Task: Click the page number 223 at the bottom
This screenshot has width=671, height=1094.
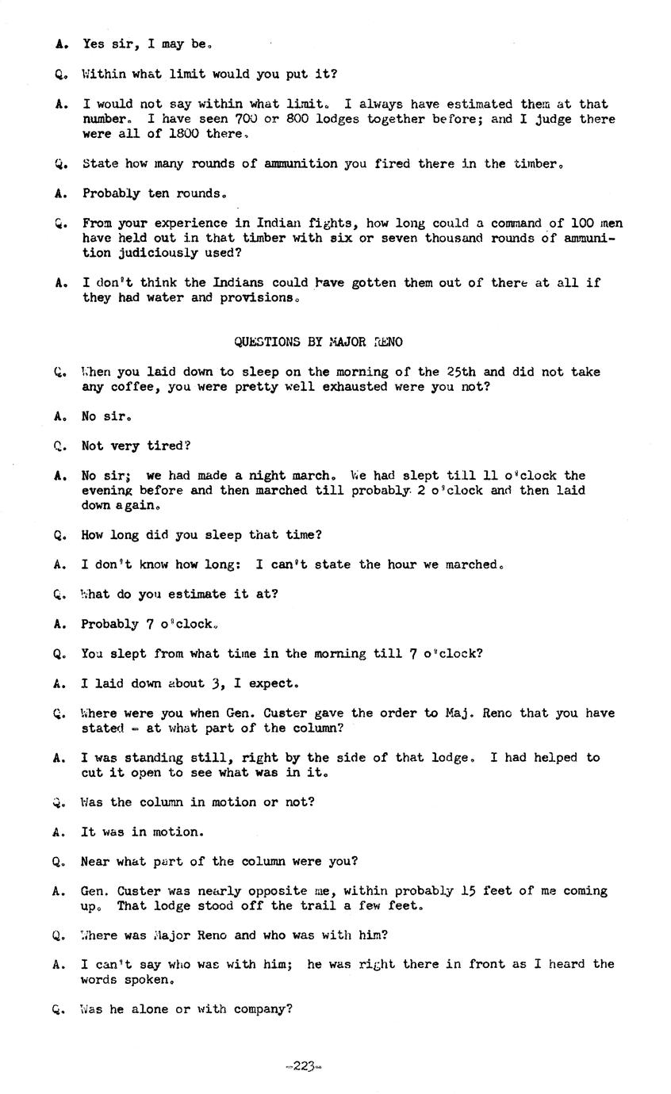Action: tap(303, 1066)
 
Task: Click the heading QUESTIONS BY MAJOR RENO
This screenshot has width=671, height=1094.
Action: tap(318, 342)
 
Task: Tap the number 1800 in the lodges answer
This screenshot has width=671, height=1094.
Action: tap(185, 134)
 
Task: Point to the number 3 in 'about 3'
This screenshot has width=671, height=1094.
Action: tap(214, 683)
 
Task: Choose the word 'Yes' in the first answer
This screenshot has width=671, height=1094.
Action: tap(94, 44)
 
